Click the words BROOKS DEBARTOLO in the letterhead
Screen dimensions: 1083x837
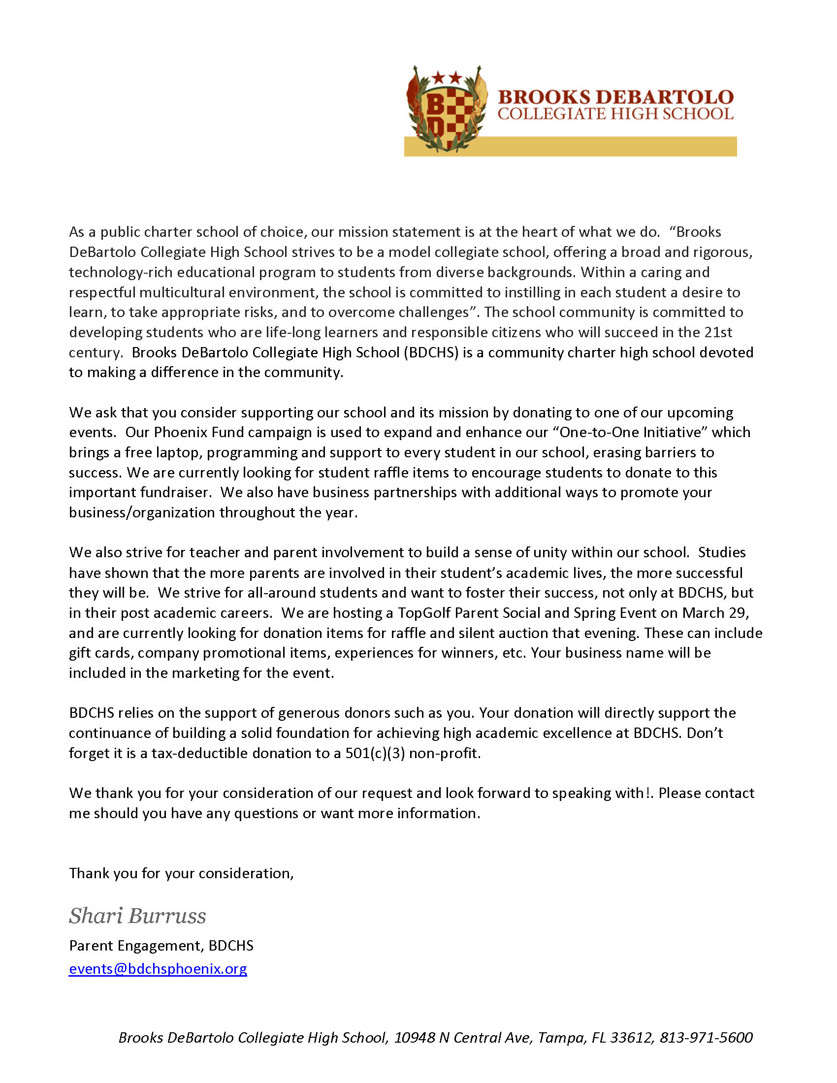615,96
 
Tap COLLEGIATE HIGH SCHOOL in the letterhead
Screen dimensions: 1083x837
615,114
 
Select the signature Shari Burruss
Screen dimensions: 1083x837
137,916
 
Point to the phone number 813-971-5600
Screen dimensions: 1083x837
706,1037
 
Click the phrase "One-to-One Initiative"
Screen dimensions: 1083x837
630,432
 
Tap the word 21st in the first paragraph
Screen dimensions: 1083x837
718,332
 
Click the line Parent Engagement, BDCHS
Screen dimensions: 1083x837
161,946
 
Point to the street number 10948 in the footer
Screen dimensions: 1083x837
415,1037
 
